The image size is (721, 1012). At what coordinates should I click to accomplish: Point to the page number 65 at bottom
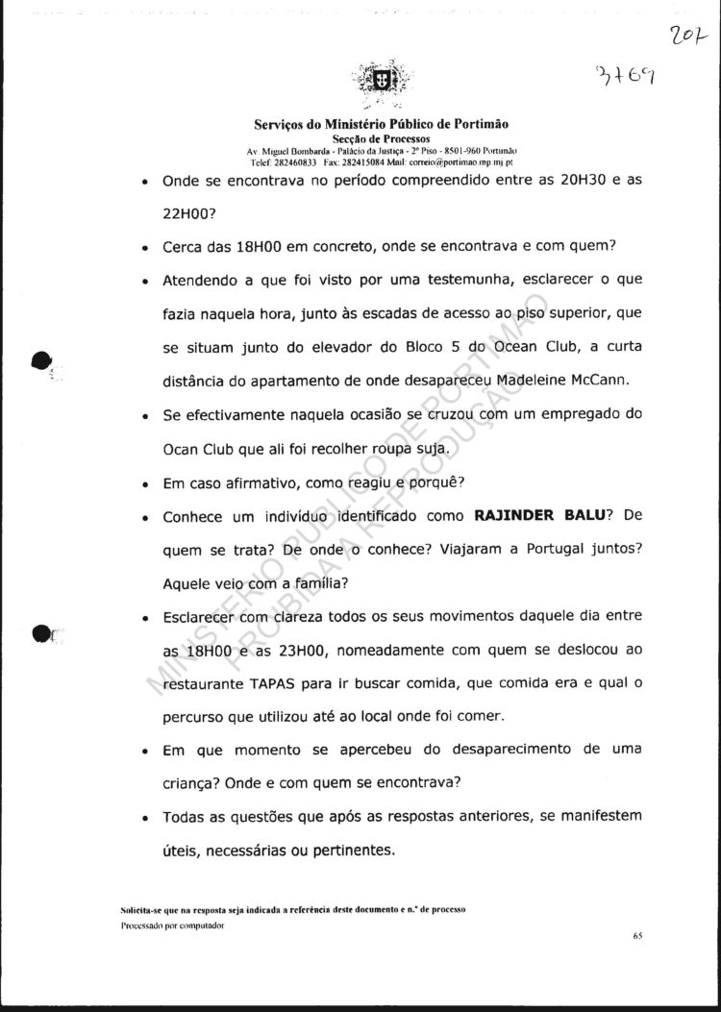[x=637, y=934]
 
